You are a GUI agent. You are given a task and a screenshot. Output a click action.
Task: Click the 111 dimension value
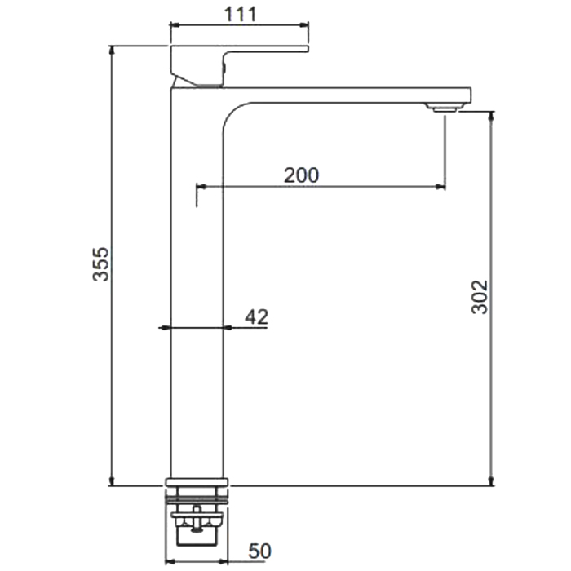(241, 15)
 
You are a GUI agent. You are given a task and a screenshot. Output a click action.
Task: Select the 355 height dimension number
(100, 264)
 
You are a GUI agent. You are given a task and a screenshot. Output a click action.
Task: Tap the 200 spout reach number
(301, 175)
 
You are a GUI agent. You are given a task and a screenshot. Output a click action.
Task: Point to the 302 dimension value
(480, 297)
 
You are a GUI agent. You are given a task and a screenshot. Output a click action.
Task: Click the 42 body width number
(256, 316)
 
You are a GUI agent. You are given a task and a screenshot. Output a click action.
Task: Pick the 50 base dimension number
(260, 551)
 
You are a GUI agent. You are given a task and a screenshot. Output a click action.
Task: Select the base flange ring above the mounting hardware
(197, 482)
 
